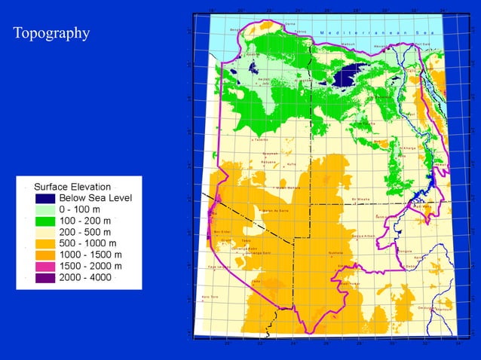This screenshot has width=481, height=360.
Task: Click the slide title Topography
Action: [x=51, y=33]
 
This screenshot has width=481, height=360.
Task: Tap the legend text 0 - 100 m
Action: [x=85, y=209]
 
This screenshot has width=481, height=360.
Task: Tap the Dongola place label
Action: [x=404, y=251]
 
